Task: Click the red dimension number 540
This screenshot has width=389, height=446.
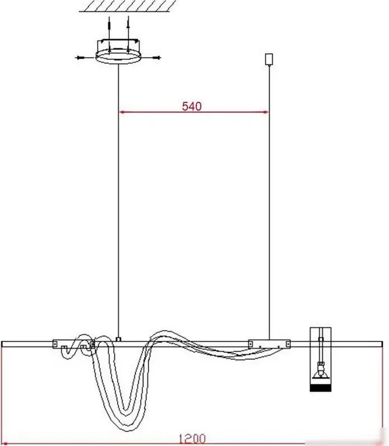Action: (x=192, y=106)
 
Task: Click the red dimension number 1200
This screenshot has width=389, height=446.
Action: (x=192, y=439)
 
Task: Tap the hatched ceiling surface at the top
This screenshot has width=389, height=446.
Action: (x=127, y=6)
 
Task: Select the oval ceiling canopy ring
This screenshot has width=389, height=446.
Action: (x=118, y=57)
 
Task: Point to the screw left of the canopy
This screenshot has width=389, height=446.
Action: (x=80, y=58)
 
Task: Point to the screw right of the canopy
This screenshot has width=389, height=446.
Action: (x=156, y=58)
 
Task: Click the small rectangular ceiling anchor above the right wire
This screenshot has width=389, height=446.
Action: (x=269, y=59)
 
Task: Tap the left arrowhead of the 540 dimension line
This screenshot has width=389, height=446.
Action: (x=122, y=112)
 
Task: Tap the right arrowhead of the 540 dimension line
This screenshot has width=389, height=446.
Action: (x=265, y=112)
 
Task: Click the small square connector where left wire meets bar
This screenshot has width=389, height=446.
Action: (x=119, y=339)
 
